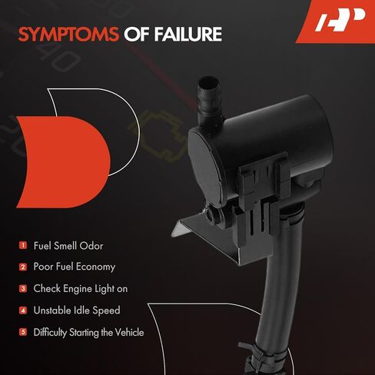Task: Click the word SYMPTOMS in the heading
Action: (x=68, y=35)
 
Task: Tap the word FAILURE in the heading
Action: (x=187, y=35)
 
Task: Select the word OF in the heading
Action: (x=137, y=35)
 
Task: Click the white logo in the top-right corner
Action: (x=340, y=19)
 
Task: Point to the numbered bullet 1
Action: (x=23, y=245)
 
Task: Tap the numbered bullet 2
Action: (x=23, y=267)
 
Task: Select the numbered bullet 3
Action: (x=23, y=289)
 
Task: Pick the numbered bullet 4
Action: (x=23, y=310)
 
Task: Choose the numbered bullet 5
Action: (x=23, y=332)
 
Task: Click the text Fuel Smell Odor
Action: (x=68, y=246)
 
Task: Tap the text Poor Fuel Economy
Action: (x=75, y=267)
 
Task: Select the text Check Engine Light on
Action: (x=81, y=289)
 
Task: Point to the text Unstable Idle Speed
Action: (x=77, y=310)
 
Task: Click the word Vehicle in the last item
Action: (x=129, y=332)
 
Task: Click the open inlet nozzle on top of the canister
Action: (x=209, y=82)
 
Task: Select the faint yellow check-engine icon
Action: (x=157, y=136)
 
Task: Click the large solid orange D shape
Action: (x=64, y=162)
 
